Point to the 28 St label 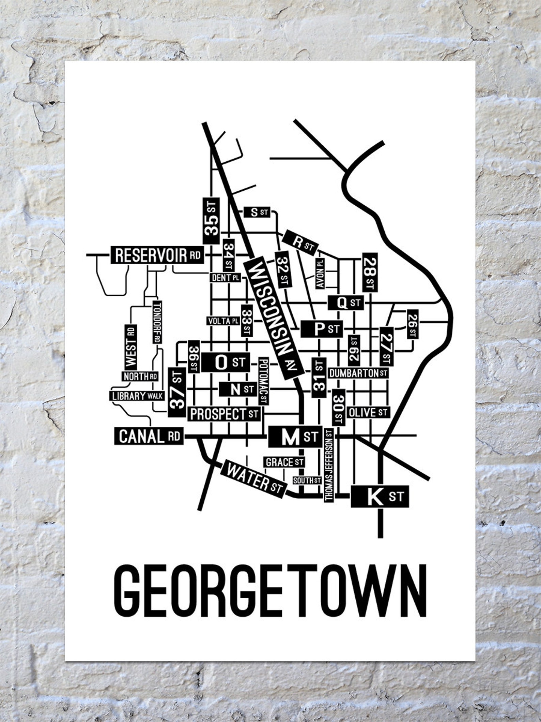[370, 272]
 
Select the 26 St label [413, 324]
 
